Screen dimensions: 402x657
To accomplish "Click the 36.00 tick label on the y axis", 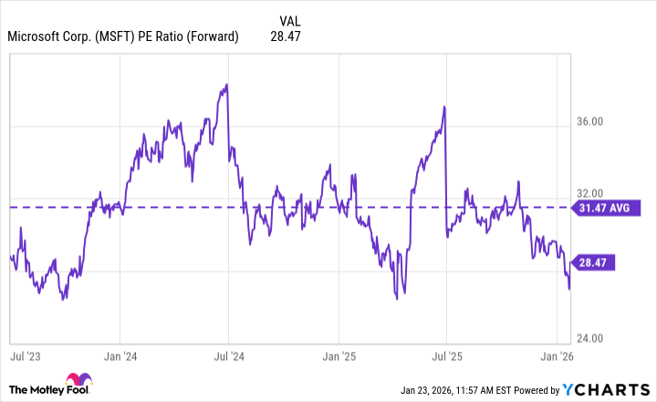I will [x=597, y=121].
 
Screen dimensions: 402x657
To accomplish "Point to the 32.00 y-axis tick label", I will [x=597, y=193].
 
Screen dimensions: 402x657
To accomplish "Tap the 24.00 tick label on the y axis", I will [x=597, y=337].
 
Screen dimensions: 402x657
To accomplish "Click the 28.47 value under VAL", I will [x=286, y=36].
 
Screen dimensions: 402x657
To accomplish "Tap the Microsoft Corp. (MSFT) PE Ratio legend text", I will [x=123, y=36].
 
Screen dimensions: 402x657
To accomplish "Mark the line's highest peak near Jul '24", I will [x=226, y=85].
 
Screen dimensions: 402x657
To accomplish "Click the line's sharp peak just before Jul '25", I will [x=444, y=107].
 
